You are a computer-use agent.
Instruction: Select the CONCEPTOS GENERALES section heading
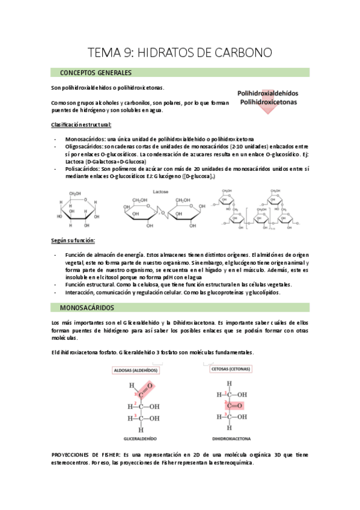tap(96, 73)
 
